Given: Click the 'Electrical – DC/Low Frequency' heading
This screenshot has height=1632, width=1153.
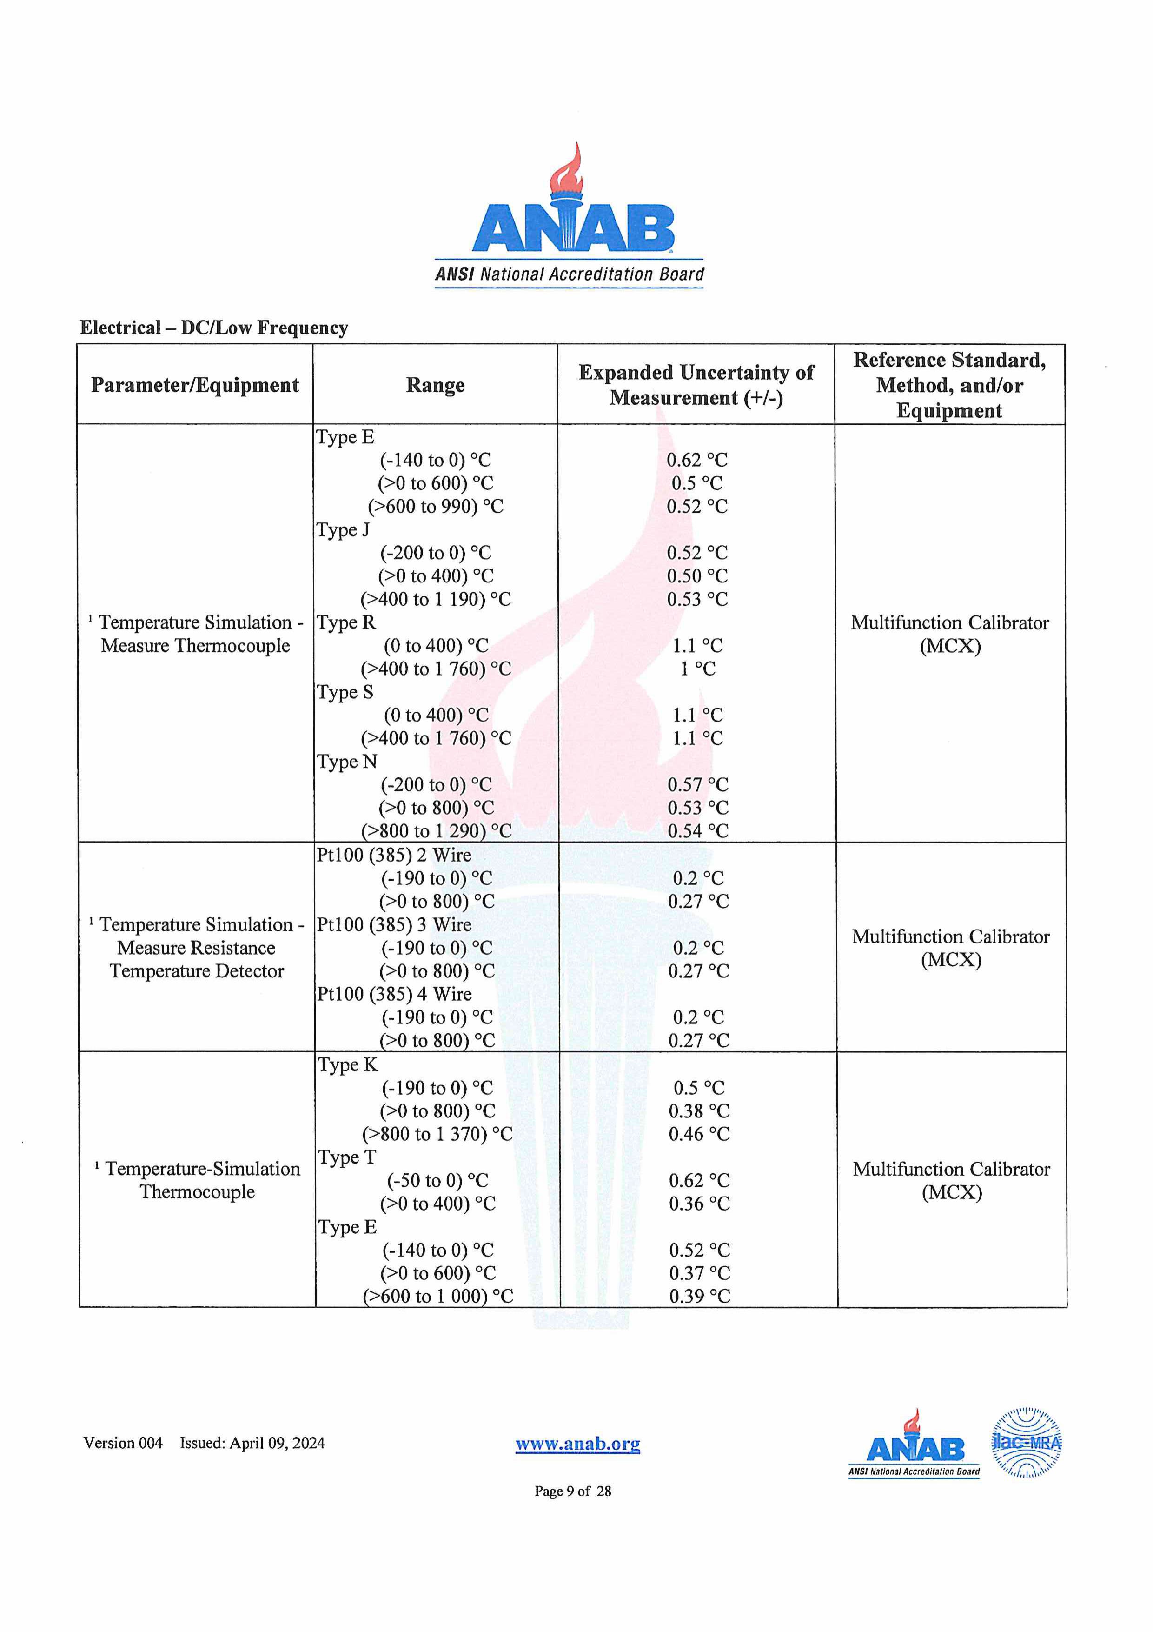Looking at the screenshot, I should pos(214,328).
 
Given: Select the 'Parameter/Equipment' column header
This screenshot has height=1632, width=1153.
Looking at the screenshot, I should pos(195,385).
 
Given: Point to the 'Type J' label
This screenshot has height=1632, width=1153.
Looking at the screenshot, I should pos(343,529).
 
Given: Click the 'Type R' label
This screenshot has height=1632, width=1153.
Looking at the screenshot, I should pos(345,622).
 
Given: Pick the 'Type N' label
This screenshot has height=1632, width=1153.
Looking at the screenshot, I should pos(347,761).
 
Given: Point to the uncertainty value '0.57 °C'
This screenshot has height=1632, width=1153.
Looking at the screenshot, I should pos(698,785).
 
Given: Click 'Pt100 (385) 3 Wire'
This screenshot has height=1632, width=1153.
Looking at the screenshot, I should pos(394,925).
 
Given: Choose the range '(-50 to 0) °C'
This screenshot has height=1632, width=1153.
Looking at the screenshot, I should pos(437,1181).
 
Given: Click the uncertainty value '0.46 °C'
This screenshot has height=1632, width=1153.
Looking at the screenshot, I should pos(699,1134).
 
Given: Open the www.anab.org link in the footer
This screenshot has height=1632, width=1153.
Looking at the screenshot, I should pos(577,1443).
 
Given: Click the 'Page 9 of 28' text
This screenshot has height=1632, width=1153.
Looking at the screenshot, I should pos(573,1491).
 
